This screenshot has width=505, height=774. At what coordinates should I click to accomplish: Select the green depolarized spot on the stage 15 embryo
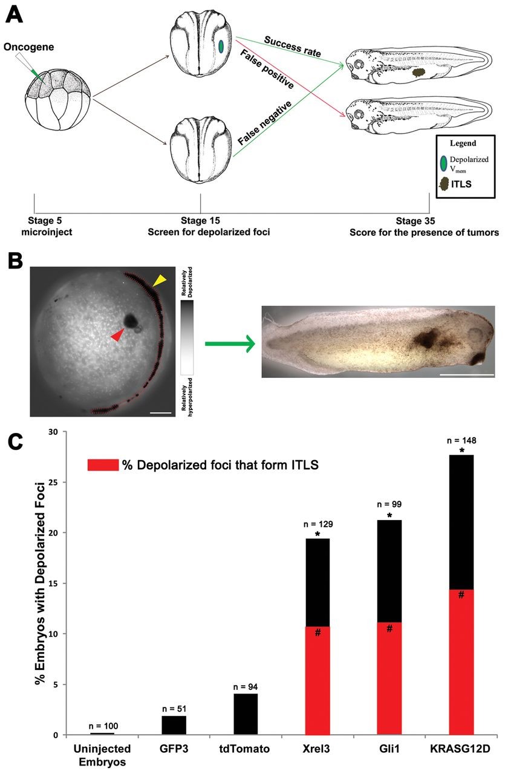[x=221, y=47]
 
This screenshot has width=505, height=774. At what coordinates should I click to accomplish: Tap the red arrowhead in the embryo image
[x=117, y=334]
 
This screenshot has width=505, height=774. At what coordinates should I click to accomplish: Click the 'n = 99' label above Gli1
[x=389, y=503]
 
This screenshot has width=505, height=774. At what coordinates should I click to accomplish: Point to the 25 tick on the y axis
[x=53, y=483]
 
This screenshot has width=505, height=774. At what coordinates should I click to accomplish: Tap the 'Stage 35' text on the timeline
[x=414, y=221]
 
